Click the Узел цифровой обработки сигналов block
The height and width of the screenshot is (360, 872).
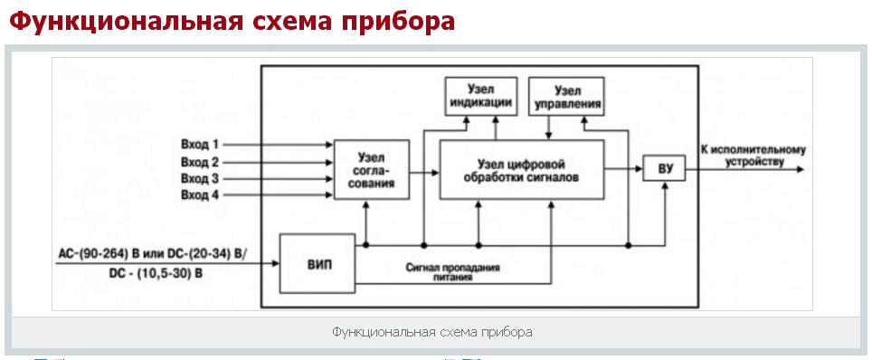pos(521,169)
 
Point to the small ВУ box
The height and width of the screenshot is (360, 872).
pos(665,169)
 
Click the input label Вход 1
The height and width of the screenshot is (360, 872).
pos(199,145)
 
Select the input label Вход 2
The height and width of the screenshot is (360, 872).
pos(199,162)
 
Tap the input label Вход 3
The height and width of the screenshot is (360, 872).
pos(199,178)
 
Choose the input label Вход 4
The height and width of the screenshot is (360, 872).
pos(199,195)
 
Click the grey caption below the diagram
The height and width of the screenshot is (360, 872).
pos(431,332)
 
